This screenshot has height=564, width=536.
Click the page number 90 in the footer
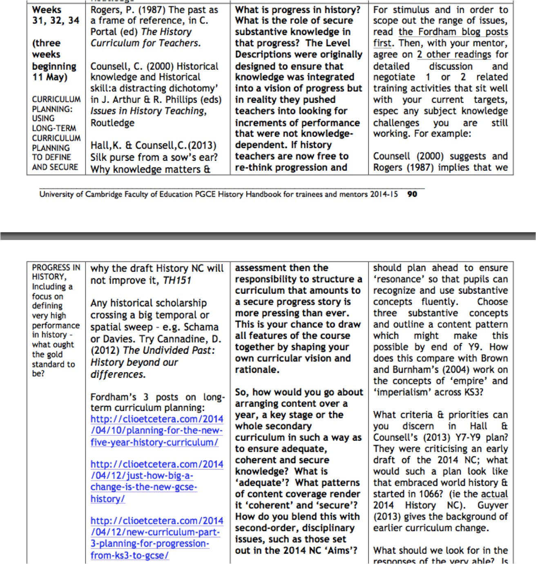click(x=412, y=194)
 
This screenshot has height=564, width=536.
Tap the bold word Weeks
click(x=47, y=10)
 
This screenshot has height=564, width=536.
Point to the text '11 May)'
click(x=50, y=77)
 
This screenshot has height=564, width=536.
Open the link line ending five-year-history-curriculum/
click(x=154, y=442)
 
